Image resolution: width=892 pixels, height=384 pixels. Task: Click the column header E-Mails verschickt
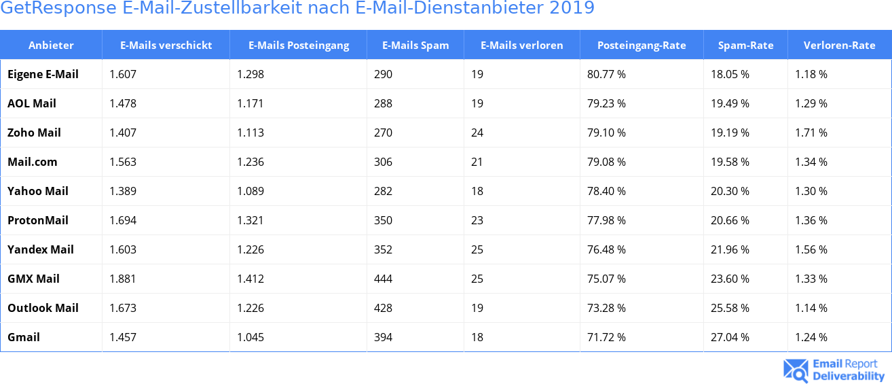166,46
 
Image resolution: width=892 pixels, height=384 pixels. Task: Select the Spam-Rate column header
745,46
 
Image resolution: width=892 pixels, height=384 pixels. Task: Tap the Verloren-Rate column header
839,46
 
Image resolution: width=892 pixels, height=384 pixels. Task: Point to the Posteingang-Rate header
642,46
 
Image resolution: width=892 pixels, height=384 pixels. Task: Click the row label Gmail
24,337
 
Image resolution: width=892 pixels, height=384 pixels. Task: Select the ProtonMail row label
38,220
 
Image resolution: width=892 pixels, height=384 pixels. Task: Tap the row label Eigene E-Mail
43,74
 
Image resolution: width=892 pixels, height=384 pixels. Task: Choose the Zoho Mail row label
34,133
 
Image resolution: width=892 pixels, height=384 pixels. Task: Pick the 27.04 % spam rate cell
730,337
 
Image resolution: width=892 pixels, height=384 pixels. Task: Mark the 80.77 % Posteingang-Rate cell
606,74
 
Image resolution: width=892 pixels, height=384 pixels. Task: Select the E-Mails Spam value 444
383,279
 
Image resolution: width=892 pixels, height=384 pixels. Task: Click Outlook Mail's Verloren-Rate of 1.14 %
811,308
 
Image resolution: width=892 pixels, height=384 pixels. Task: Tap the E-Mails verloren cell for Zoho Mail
477,133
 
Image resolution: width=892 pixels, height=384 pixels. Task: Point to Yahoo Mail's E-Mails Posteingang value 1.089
250,191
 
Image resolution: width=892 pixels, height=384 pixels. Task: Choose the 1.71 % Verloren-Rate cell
811,133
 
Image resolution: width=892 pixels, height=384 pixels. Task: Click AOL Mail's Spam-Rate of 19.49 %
730,103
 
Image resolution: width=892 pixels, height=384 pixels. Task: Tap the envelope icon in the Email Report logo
796,370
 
